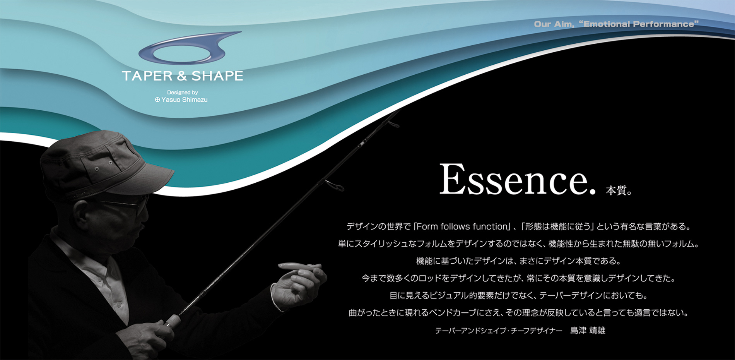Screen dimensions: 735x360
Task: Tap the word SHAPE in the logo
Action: click(217, 76)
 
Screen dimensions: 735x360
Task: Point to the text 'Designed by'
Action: click(183, 93)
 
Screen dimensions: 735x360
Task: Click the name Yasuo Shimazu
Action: click(185, 99)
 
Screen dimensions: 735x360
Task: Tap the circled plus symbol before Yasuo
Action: click(157, 99)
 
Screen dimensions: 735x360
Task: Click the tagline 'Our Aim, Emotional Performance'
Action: click(616, 24)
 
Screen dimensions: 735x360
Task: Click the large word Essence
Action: click(517, 179)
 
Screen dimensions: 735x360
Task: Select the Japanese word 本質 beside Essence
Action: click(616, 190)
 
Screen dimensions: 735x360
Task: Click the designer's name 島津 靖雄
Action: click(588, 330)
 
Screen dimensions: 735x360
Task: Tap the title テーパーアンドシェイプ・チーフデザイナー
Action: click(499, 331)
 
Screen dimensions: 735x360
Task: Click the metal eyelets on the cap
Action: click(103, 166)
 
